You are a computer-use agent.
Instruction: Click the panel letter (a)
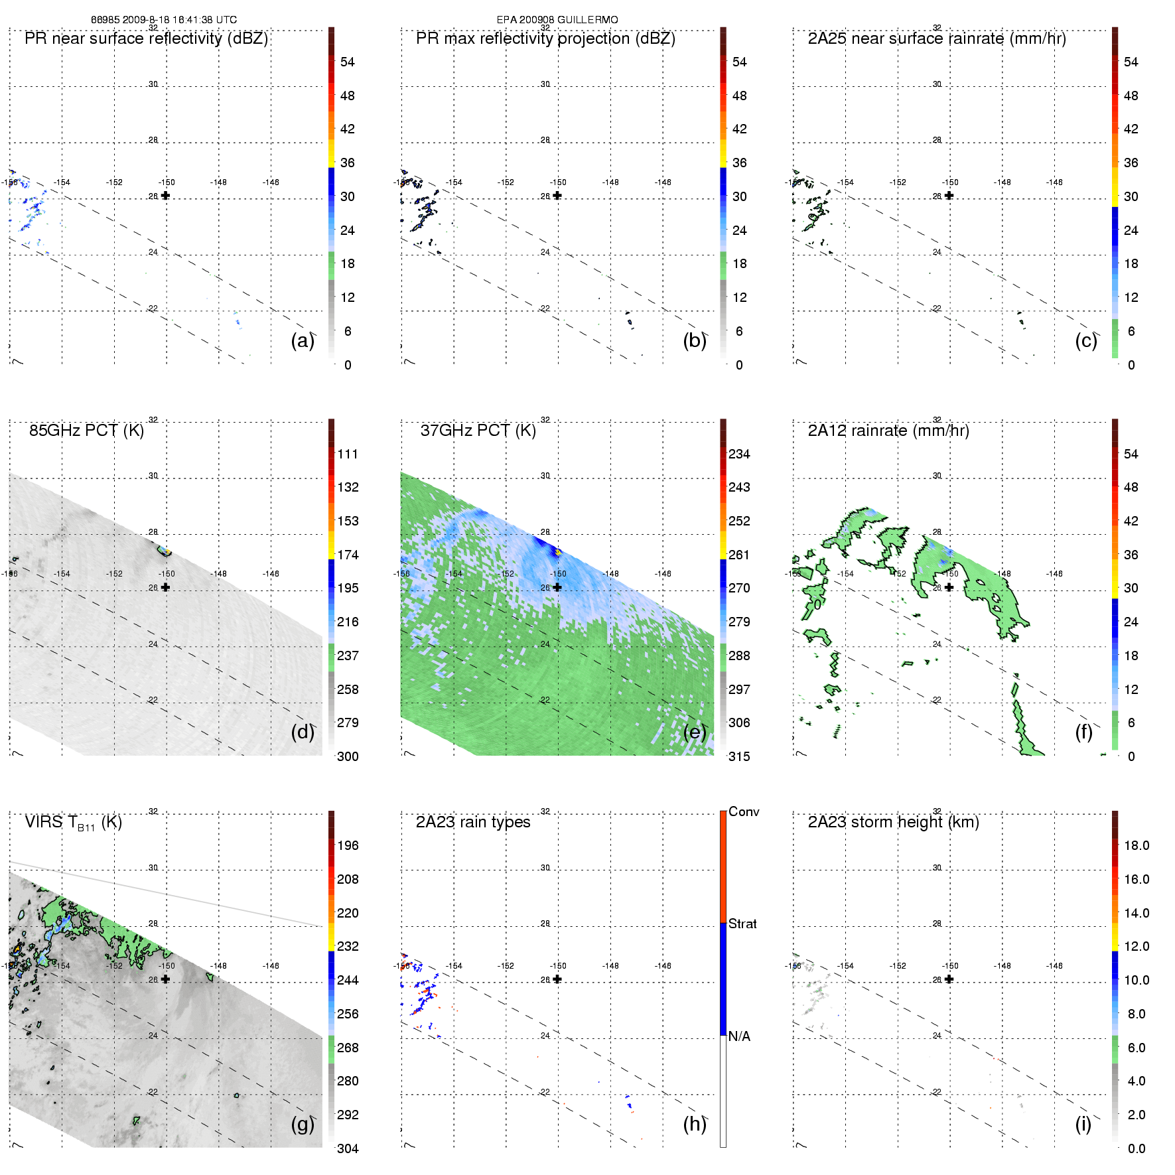click(x=302, y=341)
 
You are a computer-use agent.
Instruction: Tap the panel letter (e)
click(x=694, y=732)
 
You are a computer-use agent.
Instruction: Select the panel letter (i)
click(x=1083, y=1124)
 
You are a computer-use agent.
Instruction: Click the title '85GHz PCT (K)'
click(x=86, y=431)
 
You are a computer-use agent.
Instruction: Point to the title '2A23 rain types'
click(x=472, y=822)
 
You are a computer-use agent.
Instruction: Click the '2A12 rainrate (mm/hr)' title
click(x=888, y=431)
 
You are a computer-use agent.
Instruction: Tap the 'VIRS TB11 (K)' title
click(x=73, y=823)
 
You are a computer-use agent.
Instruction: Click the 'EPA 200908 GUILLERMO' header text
click(x=557, y=20)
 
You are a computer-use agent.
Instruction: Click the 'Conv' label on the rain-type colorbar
click(x=744, y=811)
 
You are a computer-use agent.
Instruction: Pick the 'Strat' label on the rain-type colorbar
click(x=742, y=924)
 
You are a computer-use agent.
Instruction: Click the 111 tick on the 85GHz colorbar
click(x=348, y=454)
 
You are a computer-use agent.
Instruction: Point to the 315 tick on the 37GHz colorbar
click(x=739, y=756)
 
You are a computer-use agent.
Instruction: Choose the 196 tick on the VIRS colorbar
click(x=348, y=845)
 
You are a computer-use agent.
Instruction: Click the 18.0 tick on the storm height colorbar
click(x=1136, y=845)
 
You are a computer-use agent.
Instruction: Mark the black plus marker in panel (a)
click(x=165, y=195)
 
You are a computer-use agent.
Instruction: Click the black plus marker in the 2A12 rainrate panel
click(x=949, y=587)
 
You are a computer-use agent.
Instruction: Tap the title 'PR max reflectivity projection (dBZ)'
click(x=545, y=38)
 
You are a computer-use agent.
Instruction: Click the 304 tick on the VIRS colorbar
click(x=348, y=1148)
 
